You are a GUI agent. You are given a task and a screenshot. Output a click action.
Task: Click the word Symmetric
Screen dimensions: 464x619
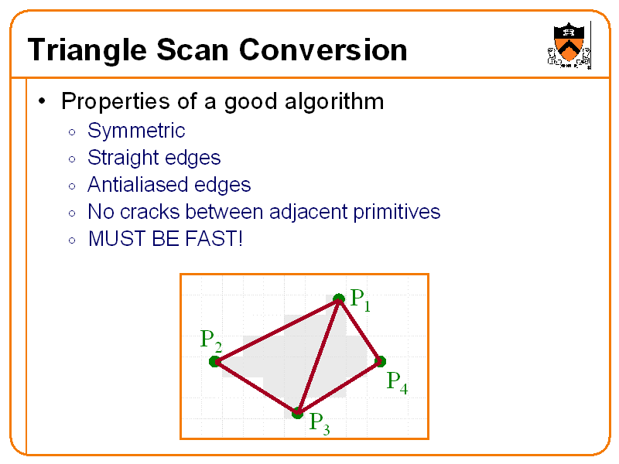pyautogui.click(x=136, y=130)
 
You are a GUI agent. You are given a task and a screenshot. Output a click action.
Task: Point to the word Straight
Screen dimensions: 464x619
pyautogui.click(x=117, y=158)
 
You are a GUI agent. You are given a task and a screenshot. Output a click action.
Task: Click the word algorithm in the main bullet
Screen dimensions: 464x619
pyautogui.click(x=334, y=101)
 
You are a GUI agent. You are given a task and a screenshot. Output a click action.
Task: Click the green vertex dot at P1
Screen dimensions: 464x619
pyautogui.click(x=338, y=299)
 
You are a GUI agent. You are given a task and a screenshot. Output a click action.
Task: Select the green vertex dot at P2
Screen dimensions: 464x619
pyautogui.click(x=214, y=361)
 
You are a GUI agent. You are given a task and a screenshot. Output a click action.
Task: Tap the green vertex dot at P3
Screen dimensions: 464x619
pyautogui.click(x=297, y=413)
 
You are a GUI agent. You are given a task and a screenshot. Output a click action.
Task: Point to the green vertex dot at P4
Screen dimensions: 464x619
pyautogui.click(x=380, y=360)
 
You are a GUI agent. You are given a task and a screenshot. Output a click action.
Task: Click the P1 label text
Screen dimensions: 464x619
pyautogui.click(x=360, y=300)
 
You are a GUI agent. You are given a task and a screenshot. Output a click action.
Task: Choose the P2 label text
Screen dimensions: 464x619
pyautogui.click(x=210, y=340)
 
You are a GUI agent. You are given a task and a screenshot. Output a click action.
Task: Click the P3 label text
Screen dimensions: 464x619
pyautogui.click(x=319, y=424)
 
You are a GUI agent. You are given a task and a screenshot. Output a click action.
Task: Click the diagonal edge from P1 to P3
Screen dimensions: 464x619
pyautogui.click(x=318, y=356)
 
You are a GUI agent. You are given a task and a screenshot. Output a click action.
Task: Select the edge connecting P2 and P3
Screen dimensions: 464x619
pyautogui.click(x=255, y=387)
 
